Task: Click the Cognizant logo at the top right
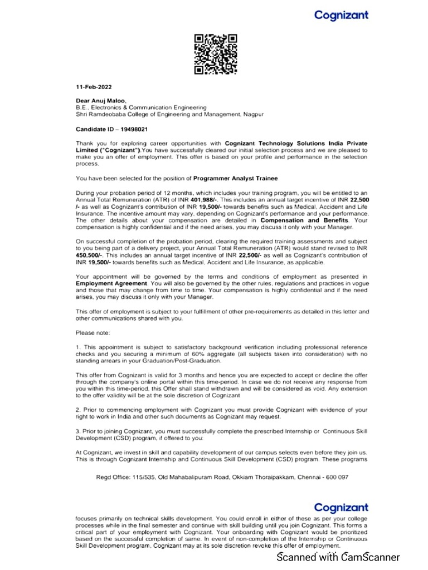[341, 15]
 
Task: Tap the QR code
[216, 54]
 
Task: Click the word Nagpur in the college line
[252, 114]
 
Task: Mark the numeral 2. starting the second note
[78, 409]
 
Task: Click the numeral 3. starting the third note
[78, 431]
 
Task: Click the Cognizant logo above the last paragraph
[341, 507]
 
